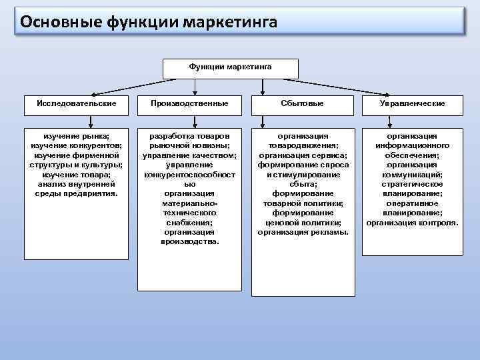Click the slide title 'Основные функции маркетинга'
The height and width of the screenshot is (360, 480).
(149, 23)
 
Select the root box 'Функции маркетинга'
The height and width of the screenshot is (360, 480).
(230, 67)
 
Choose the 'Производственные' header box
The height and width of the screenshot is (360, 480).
(189, 103)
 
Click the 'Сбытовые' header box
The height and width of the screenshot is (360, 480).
(303, 103)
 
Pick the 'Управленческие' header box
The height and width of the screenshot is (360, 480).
(412, 103)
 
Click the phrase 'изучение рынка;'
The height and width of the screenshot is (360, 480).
(76, 136)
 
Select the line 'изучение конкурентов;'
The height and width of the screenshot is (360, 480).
(76, 145)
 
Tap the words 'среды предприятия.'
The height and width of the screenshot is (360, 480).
(76, 193)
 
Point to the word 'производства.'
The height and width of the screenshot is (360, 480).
(189, 241)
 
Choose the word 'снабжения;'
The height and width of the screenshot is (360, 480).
(189, 222)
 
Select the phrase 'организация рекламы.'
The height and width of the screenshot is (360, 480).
(303, 232)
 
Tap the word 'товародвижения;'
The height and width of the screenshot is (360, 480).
(303, 145)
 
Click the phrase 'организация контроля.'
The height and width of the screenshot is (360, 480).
(412, 222)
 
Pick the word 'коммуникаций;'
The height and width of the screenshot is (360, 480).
(412, 174)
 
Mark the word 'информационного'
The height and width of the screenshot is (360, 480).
(412, 145)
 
